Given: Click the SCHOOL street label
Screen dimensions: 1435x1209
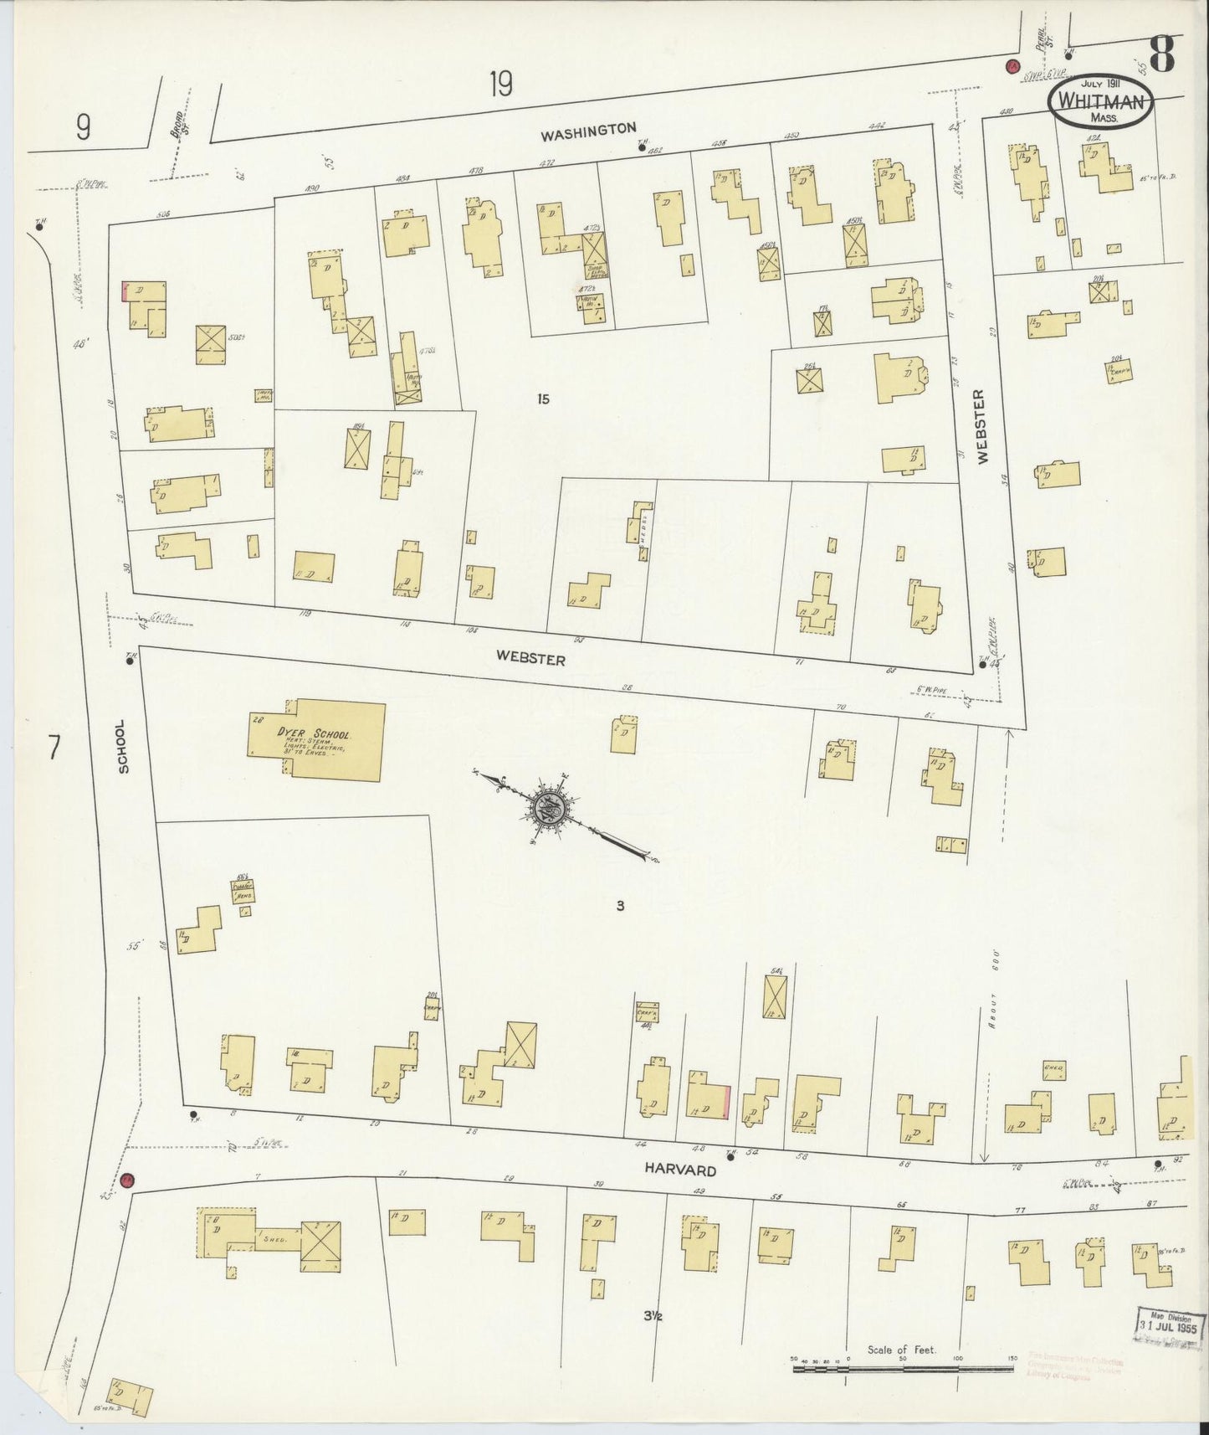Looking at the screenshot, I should (x=125, y=746).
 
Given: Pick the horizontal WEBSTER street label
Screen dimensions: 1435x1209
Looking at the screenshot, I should (x=530, y=658).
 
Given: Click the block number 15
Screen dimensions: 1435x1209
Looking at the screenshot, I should (x=544, y=399).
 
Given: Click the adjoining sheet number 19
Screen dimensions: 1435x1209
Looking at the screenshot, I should (x=500, y=85).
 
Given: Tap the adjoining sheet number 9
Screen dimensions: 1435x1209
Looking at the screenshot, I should (x=82, y=127).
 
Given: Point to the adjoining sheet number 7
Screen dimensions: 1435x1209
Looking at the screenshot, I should (x=54, y=747).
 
